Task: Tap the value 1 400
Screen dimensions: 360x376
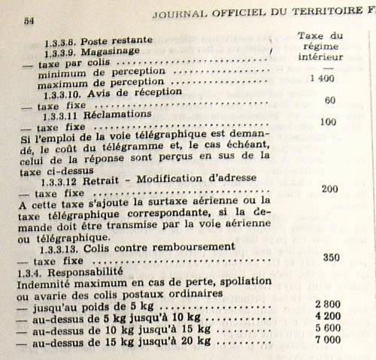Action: pyautogui.click(x=322, y=78)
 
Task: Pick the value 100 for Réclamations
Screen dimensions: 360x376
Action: pyautogui.click(x=326, y=122)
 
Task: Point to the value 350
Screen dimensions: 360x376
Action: pyautogui.click(x=329, y=256)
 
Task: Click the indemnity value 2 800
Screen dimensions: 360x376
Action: pyautogui.click(x=328, y=302)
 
